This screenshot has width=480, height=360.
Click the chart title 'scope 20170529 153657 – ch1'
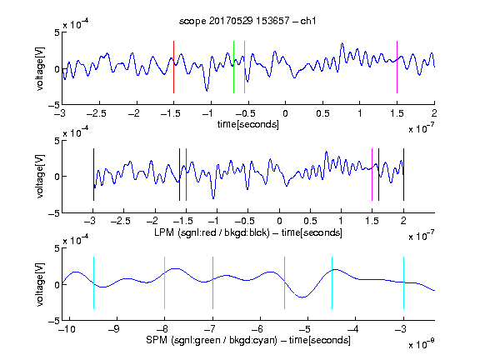(x=247, y=21)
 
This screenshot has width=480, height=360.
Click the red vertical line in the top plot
(x=173, y=67)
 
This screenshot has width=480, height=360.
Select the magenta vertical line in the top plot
(x=397, y=67)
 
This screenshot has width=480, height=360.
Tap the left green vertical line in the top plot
(x=233, y=67)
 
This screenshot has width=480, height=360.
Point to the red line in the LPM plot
(x=186, y=174)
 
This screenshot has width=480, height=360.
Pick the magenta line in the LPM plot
(x=372, y=174)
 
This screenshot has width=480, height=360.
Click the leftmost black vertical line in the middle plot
(x=93, y=174)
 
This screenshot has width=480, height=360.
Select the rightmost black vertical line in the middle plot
(x=403, y=174)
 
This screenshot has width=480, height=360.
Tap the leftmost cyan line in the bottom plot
(x=93, y=282)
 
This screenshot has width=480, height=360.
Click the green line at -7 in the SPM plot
(x=212, y=282)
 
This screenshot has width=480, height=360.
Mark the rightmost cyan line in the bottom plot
(x=403, y=282)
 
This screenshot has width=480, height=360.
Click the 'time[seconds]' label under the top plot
(x=248, y=124)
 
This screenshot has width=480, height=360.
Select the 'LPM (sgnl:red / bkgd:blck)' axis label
(x=212, y=232)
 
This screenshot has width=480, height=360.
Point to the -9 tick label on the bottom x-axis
(x=114, y=329)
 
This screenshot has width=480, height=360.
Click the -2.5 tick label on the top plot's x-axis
(x=96, y=113)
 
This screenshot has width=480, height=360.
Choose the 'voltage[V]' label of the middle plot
(x=40, y=177)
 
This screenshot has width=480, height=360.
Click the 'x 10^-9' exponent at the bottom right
(x=422, y=344)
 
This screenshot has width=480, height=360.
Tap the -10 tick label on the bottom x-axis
(x=67, y=329)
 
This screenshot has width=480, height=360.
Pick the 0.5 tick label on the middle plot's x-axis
(x=310, y=221)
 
